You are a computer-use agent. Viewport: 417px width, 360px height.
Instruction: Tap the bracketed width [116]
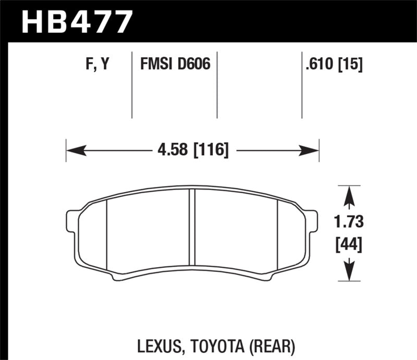click(x=211, y=151)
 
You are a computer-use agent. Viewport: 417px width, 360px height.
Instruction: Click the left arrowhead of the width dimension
click(x=73, y=151)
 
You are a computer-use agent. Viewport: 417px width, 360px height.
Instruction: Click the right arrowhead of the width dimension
click(x=312, y=151)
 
